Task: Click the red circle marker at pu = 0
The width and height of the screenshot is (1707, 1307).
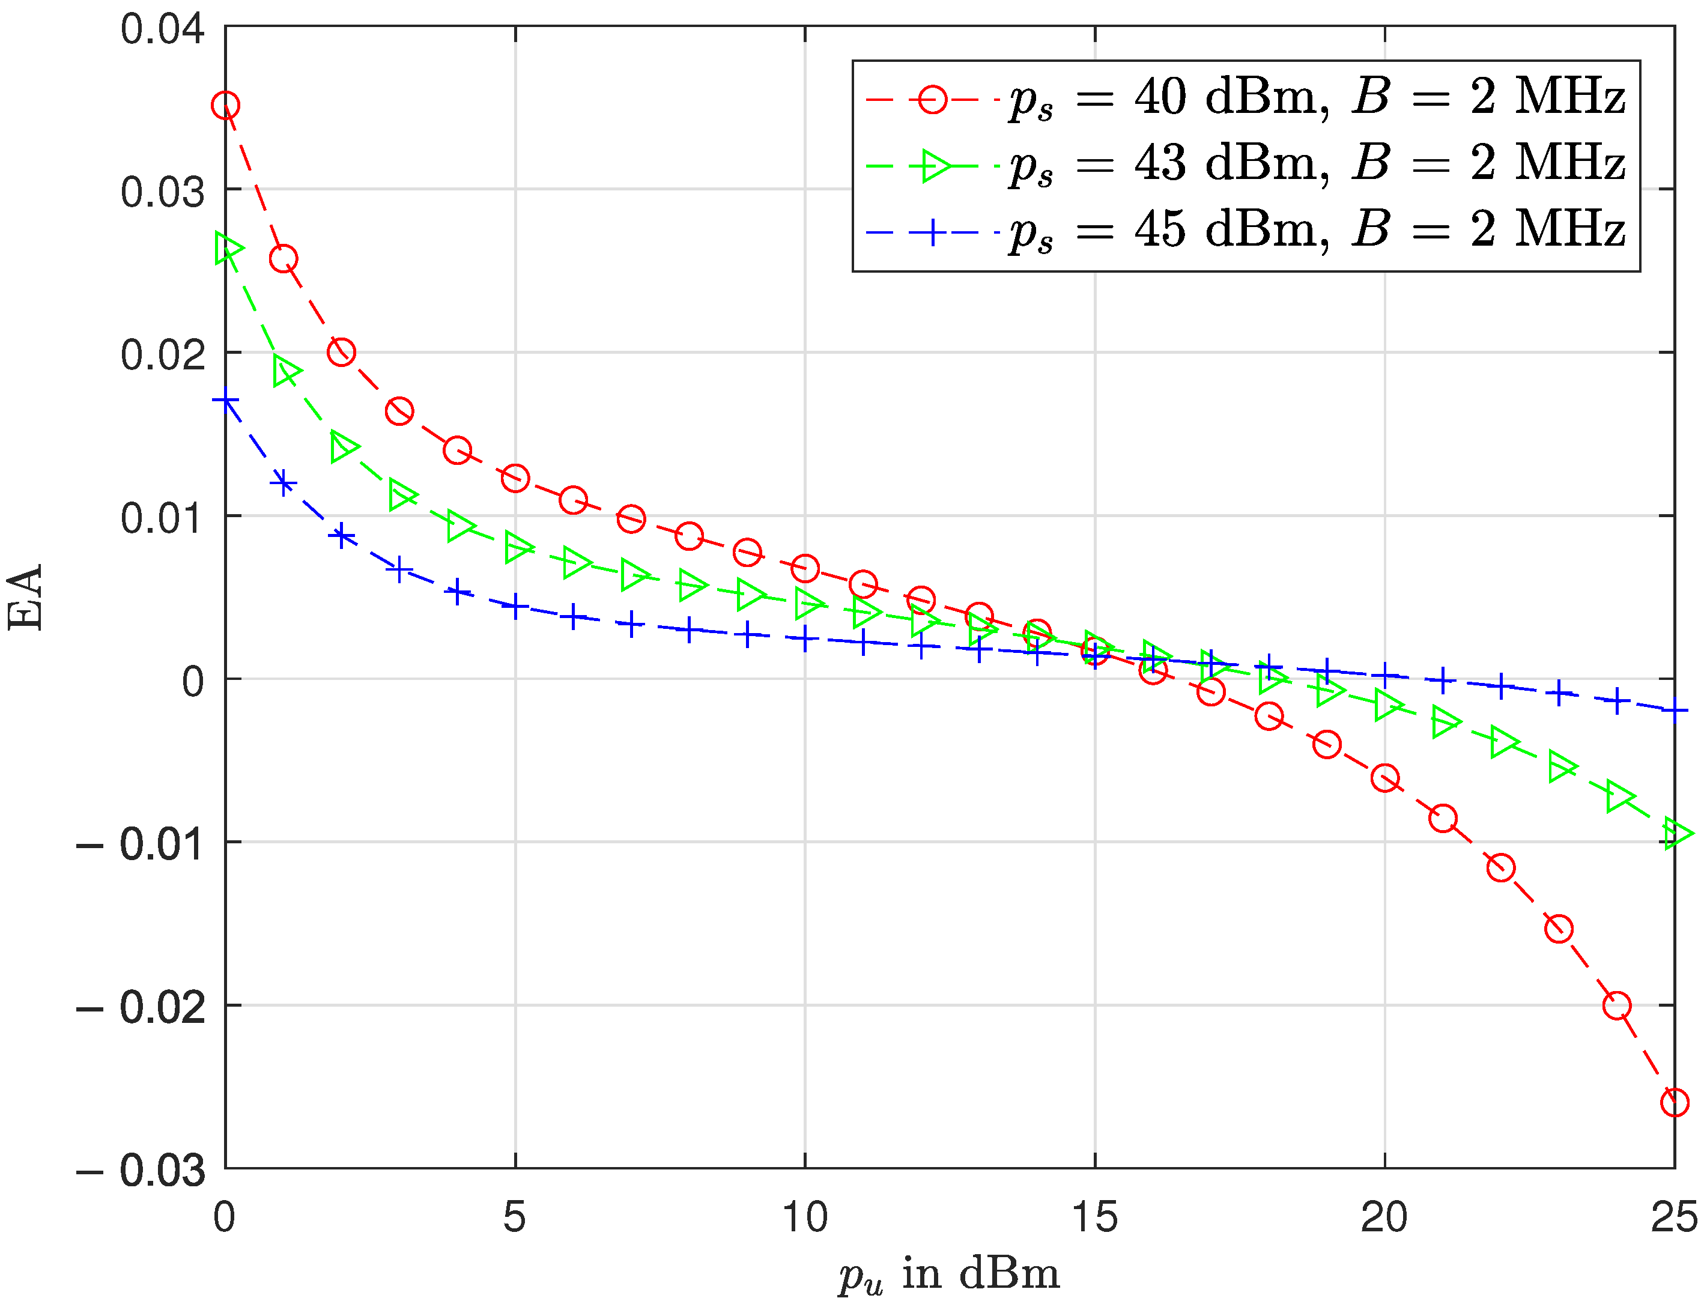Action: pos(226,105)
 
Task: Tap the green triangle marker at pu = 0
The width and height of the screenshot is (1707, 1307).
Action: pos(227,249)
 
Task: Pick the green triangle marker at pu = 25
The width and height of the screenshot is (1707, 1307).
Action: pos(1676,834)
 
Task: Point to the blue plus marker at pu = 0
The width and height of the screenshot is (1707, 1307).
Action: pos(226,401)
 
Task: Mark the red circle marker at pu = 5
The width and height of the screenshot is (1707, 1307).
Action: pos(515,478)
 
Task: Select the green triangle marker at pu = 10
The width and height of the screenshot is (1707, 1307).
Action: pos(808,604)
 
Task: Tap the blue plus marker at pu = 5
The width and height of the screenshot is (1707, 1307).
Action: pos(515,606)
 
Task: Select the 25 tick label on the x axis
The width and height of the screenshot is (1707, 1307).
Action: pos(1673,1218)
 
